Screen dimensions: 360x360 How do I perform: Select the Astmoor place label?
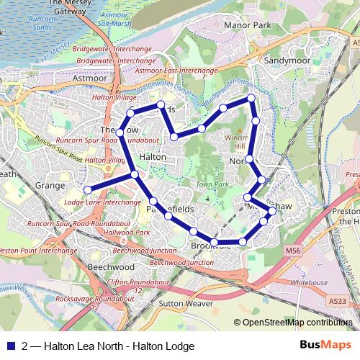tap(90, 80)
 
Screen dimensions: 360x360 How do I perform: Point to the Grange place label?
tap(49, 185)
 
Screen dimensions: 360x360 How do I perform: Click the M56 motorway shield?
tap(291, 250)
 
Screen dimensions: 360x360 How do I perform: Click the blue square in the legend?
tap(12, 346)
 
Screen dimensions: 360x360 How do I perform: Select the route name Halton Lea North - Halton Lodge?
tap(119, 346)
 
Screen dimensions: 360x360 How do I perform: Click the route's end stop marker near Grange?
tap(88, 189)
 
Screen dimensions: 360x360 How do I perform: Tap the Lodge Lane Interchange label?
tap(92, 203)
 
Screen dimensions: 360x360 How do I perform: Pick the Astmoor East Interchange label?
tap(176, 71)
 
